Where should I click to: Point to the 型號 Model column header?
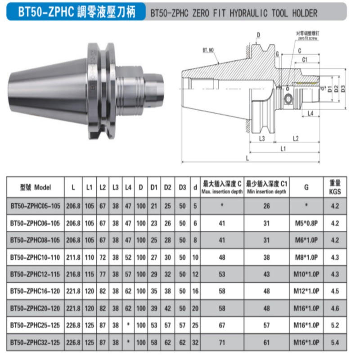[36, 187]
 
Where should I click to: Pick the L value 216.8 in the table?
[73, 274]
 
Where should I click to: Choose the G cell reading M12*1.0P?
[306, 291]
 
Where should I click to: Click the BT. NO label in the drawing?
[208, 50]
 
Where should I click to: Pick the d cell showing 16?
[195, 291]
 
